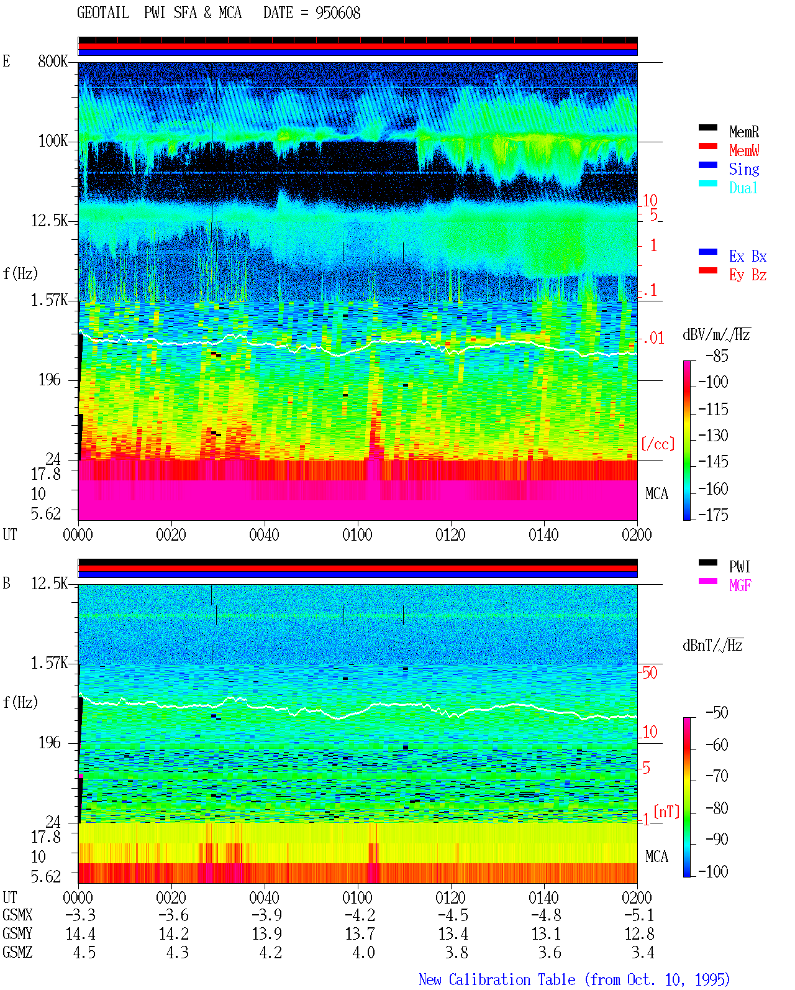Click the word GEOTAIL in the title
click(103, 13)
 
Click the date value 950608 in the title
click(338, 13)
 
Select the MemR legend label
click(744, 132)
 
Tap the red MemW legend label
click(744, 150)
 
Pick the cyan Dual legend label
click(743, 188)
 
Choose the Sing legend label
click(744, 169)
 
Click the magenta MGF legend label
click(740, 585)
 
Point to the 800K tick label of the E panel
click(53, 61)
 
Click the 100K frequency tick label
click(53, 141)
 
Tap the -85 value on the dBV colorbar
click(717, 356)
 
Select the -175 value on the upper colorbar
click(713, 515)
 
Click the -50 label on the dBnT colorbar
click(717, 713)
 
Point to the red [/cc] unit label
click(658, 444)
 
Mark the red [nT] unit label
click(666, 811)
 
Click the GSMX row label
click(17, 915)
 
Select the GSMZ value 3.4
click(642, 952)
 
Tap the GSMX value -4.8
click(546, 915)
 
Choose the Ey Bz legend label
click(748, 275)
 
